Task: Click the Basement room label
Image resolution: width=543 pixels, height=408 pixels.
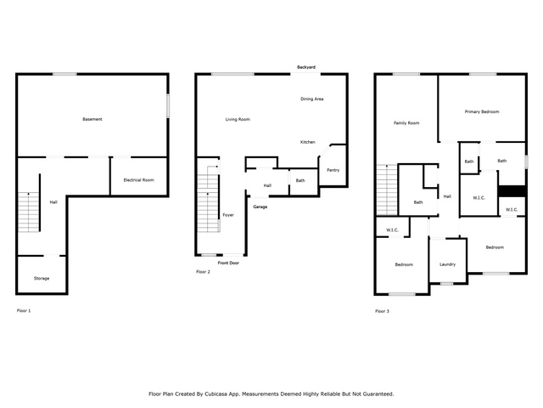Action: [92, 119]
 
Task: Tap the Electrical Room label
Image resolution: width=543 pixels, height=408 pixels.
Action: [138, 179]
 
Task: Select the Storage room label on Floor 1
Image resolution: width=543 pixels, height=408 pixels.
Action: [42, 278]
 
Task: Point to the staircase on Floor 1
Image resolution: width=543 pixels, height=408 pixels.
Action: [28, 212]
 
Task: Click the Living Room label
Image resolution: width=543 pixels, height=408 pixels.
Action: [238, 119]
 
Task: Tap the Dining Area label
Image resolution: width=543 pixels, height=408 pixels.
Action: [311, 99]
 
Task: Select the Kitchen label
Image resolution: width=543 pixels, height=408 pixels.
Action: [307, 142]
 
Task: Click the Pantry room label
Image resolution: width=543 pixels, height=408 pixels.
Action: [333, 170]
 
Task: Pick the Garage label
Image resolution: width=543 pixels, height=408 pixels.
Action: [260, 207]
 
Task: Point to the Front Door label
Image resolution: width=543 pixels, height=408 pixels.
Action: [228, 263]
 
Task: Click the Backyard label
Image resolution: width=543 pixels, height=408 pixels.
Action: [306, 67]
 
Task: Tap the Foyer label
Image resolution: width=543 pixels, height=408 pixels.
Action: [228, 215]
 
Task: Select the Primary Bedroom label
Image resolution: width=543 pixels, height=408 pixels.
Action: [482, 111]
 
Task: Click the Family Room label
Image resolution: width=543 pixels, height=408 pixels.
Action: [406, 122]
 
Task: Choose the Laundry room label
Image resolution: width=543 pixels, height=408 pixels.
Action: [447, 264]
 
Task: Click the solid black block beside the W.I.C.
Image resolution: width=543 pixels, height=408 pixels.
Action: [512, 191]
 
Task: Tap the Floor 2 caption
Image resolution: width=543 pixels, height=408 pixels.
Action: [203, 272]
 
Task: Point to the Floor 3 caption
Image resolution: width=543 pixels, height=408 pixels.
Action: [382, 311]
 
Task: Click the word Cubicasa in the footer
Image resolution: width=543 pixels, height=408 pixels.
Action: [216, 394]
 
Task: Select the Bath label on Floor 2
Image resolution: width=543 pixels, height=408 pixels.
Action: [300, 180]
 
